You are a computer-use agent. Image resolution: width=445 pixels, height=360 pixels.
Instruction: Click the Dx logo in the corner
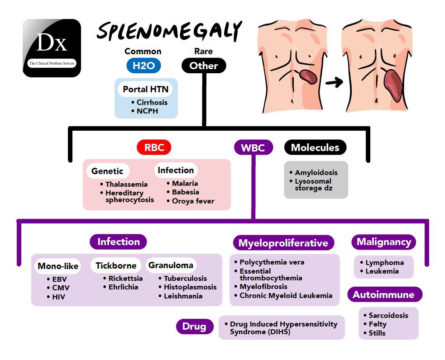point(52,48)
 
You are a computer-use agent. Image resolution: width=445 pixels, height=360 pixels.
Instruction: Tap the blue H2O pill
point(144,66)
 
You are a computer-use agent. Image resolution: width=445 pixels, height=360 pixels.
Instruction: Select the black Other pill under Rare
point(204,66)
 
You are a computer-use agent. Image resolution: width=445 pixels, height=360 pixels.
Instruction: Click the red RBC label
point(154,147)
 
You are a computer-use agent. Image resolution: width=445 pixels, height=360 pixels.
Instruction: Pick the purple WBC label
point(253,147)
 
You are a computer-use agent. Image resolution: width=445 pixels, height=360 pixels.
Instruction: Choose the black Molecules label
point(316,147)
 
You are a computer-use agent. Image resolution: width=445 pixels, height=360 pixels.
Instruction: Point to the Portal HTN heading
point(146,89)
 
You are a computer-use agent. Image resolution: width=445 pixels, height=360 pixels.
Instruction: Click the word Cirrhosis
point(152,102)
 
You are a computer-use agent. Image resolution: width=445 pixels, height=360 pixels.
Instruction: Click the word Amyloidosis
point(316,172)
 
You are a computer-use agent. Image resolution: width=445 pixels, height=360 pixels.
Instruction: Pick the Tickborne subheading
point(116,265)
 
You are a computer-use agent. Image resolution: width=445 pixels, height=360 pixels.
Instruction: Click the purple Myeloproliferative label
point(283,243)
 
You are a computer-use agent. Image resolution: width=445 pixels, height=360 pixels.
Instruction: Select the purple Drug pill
point(194,326)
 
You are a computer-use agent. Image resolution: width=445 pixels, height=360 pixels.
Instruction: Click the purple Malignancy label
point(384,242)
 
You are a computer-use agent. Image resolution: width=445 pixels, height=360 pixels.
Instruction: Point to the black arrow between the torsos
point(334,82)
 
